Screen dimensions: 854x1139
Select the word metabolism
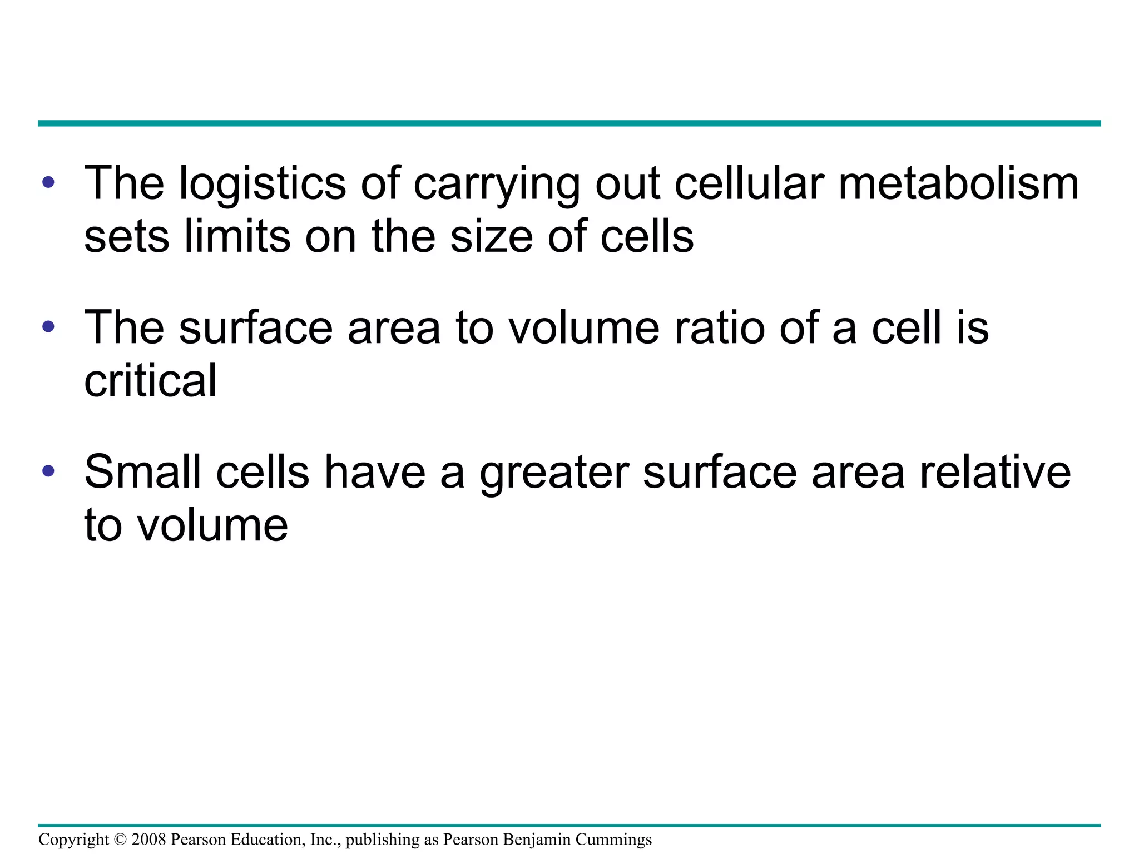pyautogui.click(x=958, y=183)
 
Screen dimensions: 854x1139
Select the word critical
pyautogui.click(x=150, y=380)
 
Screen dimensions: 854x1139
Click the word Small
pyautogui.click(x=142, y=471)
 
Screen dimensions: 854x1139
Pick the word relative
pyautogui.click(x=995, y=471)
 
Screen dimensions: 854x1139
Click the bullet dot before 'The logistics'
pyautogui.click(x=48, y=182)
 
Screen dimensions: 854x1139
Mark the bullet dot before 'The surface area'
pyautogui.click(x=48, y=326)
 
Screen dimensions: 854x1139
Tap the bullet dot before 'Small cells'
pyautogui.click(x=48, y=471)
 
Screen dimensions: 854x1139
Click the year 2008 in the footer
pyautogui.click(x=148, y=840)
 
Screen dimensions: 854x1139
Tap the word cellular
pyautogui.click(x=749, y=183)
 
